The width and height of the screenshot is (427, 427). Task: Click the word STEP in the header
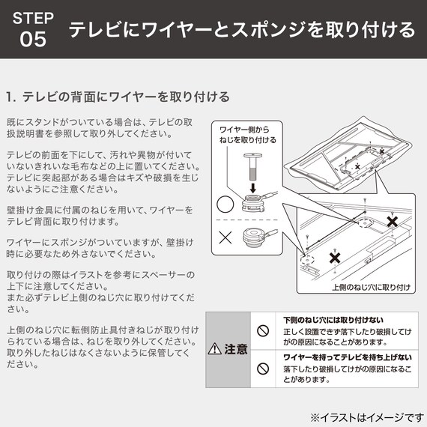pos(34,18)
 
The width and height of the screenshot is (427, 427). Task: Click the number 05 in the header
pos(34,40)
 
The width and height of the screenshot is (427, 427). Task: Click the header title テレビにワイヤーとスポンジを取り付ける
pos(241,30)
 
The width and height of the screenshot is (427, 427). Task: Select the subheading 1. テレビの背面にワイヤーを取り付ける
pos(117,97)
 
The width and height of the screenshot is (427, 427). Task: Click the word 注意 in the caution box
pos(236,349)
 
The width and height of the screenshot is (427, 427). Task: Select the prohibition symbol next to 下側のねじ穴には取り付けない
pos(263,330)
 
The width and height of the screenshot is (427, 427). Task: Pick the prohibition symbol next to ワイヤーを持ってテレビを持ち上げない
pos(263,369)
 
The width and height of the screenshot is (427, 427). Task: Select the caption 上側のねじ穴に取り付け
pos(371,287)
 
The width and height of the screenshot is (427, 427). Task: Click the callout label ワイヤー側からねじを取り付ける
pos(247,134)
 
